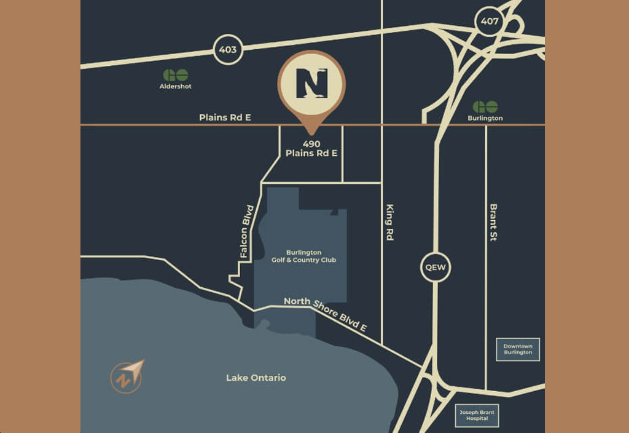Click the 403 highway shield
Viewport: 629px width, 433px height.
(228, 49)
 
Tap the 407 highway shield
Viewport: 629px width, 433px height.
(490, 22)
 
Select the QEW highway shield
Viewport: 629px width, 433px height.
(436, 268)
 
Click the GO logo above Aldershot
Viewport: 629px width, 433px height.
(176, 75)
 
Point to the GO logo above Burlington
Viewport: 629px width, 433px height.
(485, 107)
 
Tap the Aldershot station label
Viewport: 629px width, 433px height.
(176, 87)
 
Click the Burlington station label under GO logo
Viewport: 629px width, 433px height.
(485, 118)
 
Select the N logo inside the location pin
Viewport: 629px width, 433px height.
(311, 83)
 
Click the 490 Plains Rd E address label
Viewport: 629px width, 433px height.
(311, 149)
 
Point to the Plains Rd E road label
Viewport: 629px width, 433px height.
(225, 117)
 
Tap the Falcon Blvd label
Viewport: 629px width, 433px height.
(247, 231)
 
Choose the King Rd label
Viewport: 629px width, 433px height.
(389, 222)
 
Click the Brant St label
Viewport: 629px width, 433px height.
(493, 222)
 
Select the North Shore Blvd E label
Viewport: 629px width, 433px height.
(326, 314)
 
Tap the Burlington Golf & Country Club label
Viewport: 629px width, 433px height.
(304, 256)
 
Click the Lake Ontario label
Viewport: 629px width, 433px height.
(256, 378)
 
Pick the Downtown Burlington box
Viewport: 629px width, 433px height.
(518, 349)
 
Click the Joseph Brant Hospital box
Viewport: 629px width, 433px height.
(477, 416)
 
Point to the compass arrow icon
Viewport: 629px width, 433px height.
(127, 376)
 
